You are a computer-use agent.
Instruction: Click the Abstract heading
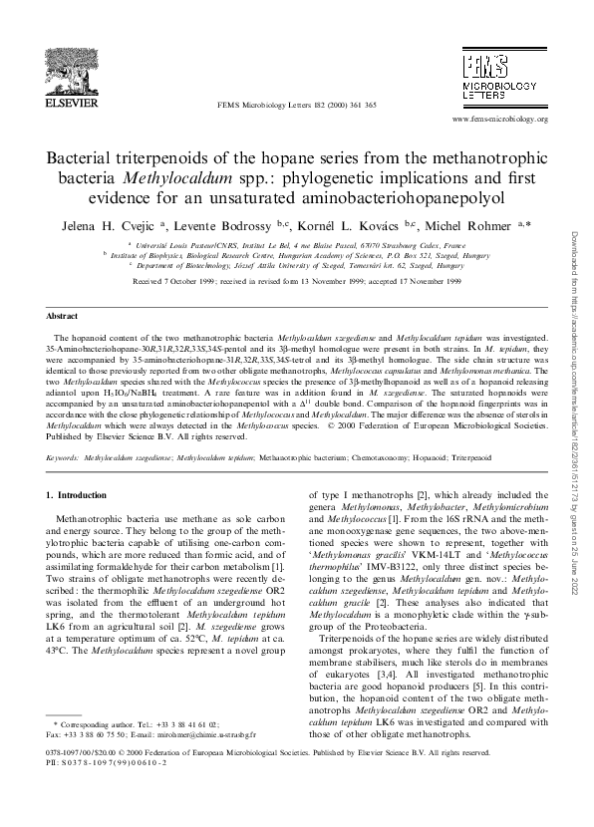65,315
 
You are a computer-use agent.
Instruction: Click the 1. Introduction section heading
84,495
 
